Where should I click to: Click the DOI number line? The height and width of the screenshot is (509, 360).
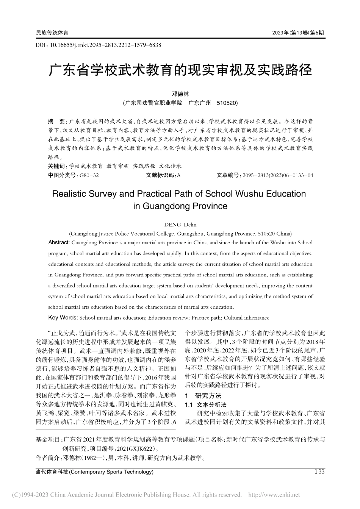pyautogui.click(x=98, y=45)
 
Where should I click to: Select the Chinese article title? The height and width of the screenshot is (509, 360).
pyautogui.click(x=180, y=70)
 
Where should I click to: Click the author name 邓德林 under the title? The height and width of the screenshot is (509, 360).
pyautogui.click(x=180, y=94)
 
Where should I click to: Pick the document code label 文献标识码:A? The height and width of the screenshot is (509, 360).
pyautogui.click(x=163, y=175)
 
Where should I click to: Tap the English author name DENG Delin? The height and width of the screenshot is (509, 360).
pyautogui.click(x=180, y=225)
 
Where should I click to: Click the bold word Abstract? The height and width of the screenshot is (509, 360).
pyautogui.click(x=59, y=243)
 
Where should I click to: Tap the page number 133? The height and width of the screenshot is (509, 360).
pyautogui.click(x=319, y=472)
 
